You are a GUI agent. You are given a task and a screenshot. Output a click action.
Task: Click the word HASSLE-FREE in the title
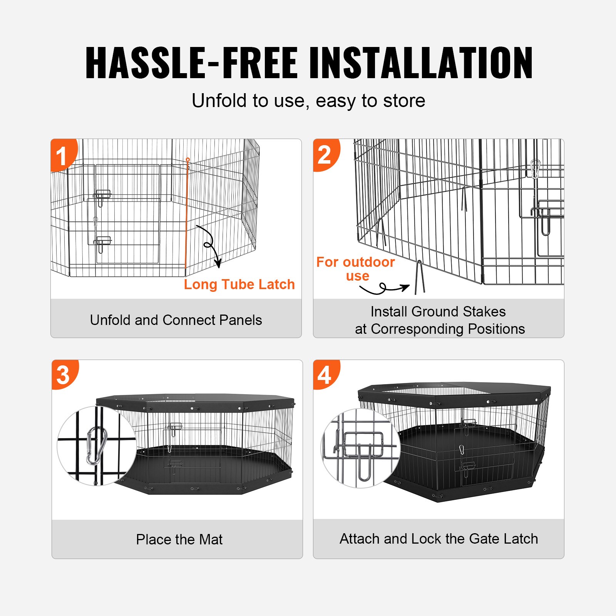pos(191,62)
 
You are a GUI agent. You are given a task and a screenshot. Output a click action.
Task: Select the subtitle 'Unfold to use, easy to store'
pos(308,101)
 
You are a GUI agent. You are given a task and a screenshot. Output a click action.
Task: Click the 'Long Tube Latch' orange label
pos(239,285)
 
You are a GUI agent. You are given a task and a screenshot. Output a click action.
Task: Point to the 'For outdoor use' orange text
pos(355,269)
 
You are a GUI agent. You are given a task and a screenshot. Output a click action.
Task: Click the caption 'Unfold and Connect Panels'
pos(176,320)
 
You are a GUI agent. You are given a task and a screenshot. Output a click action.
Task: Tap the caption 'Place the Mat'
pos(179,539)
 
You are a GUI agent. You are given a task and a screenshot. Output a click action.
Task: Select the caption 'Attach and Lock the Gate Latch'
pos(439,539)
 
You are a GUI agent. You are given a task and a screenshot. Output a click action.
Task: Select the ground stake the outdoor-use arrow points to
pos(420,277)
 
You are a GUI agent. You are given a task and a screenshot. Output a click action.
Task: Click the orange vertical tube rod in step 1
pos(187,216)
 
